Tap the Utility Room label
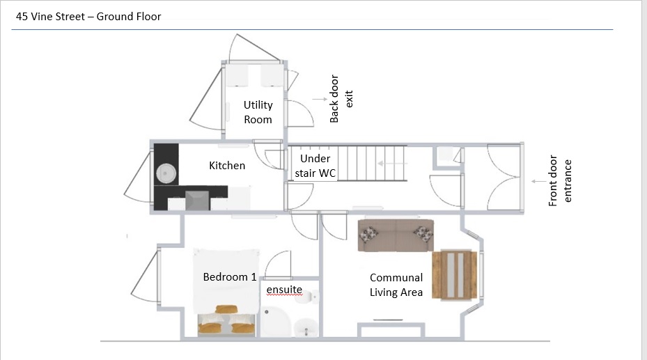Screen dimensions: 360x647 [x=258, y=112]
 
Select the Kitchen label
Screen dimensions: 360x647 [x=227, y=166]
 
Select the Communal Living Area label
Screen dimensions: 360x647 [x=396, y=285]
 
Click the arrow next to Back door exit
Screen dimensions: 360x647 [x=319, y=100]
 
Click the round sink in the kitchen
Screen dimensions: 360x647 [x=166, y=172]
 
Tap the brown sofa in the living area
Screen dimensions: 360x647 [x=395, y=236]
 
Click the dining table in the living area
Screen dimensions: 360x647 [x=455, y=275]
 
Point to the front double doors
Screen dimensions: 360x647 [x=503, y=178]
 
